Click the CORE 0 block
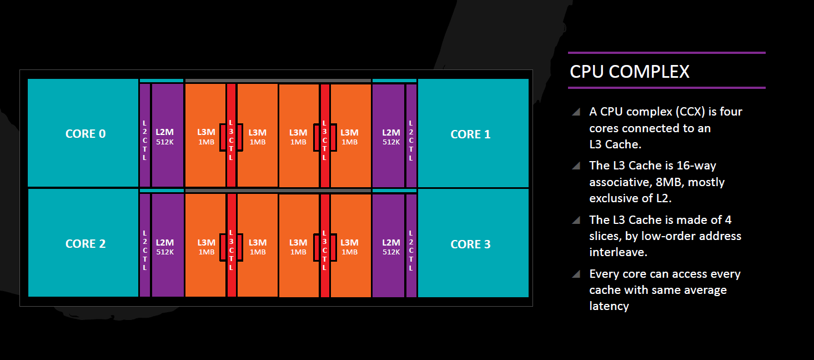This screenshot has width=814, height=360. (x=83, y=133)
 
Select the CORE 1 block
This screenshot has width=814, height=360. (x=473, y=133)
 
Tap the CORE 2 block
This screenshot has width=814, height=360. (x=83, y=243)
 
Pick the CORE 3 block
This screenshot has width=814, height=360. (x=473, y=243)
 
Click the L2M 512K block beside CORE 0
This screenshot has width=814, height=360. (x=168, y=135)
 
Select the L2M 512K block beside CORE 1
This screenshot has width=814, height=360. (x=388, y=135)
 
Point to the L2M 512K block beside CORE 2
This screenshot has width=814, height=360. (x=168, y=245)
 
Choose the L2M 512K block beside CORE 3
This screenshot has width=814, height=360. (x=388, y=246)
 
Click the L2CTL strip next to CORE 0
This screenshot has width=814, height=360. (x=144, y=135)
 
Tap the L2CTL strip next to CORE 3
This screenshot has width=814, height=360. (x=411, y=246)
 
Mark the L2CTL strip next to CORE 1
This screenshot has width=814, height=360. (x=411, y=135)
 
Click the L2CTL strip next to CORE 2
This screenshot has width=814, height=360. (x=144, y=245)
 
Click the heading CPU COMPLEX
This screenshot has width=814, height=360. (x=630, y=72)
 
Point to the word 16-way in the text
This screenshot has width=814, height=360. (x=696, y=166)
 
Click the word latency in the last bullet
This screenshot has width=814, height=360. (x=609, y=306)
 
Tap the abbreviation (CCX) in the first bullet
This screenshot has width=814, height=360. (x=690, y=112)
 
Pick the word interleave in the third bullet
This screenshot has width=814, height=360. (x=618, y=252)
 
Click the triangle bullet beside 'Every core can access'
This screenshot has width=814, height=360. (x=576, y=274)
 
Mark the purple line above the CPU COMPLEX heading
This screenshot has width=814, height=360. (x=667, y=53)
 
